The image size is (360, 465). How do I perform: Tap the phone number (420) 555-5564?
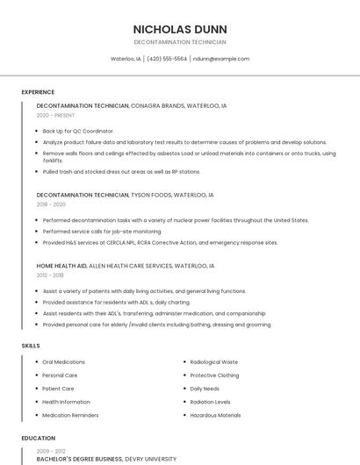coord(167,59)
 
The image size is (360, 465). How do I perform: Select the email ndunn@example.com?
coord(221,59)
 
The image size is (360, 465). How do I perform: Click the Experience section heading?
coord(38,92)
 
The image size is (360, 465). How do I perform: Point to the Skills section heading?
coord(31,346)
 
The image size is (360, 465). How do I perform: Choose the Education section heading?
coord(38,438)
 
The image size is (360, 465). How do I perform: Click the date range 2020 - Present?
coord(55,115)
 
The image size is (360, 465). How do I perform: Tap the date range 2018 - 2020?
coord(52,204)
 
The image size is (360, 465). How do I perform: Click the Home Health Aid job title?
coord(61,265)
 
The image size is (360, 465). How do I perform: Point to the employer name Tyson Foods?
coord(150,195)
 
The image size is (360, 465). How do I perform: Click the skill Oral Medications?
coord(64,361)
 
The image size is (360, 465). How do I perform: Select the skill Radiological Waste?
coord(213,361)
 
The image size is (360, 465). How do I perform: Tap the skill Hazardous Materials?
coord(215,415)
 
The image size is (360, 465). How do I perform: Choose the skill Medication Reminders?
coord(70,415)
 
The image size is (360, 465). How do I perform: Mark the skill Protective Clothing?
coord(214,375)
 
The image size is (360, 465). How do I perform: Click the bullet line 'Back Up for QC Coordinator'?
coord(78,131)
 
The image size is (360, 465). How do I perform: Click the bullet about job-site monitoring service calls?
coord(102,231)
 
